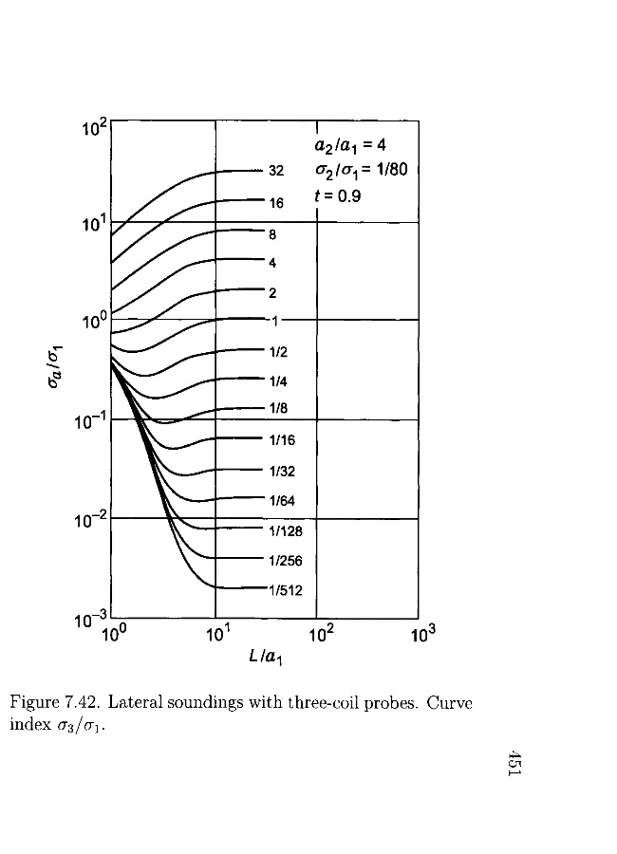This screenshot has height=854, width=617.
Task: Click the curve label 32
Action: point(276,172)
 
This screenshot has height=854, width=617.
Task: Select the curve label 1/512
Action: point(285,590)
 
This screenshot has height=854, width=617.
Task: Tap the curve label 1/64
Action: point(281,500)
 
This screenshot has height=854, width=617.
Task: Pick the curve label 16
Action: point(276,203)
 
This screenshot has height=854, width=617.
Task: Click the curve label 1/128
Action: point(285,531)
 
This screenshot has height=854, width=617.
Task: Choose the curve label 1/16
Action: point(281,440)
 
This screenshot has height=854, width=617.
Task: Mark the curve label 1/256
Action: point(285,561)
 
